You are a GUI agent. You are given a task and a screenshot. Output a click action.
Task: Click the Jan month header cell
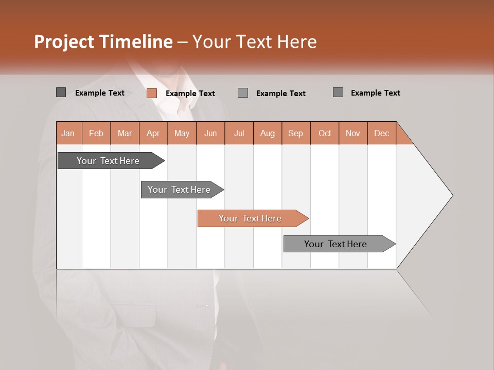pyautogui.click(x=68, y=133)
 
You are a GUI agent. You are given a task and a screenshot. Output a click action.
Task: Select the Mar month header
pyautogui.click(x=125, y=133)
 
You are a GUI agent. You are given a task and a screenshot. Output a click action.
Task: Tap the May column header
pyautogui.click(x=182, y=133)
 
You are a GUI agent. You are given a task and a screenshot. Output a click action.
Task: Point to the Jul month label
pyautogui.click(x=239, y=133)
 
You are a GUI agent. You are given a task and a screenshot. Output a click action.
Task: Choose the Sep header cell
pyautogui.click(x=295, y=133)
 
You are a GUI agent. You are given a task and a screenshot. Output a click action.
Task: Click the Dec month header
pyautogui.click(x=381, y=133)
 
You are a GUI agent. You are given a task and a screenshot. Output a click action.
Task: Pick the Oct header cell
pyautogui.click(x=324, y=133)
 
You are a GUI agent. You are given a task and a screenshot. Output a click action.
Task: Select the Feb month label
pyautogui.click(x=96, y=133)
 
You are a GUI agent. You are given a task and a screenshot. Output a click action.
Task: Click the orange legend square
pyautogui.click(x=152, y=93)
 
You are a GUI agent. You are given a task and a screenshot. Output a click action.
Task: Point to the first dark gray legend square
pyautogui.click(x=61, y=92)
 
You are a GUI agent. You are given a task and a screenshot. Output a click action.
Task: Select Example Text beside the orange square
pyautogui.click(x=190, y=94)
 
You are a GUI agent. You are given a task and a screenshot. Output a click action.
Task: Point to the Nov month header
pyautogui.click(x=353, y=133)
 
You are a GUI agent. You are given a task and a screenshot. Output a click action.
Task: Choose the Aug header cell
pyautogui.click(x=267, y=133)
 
